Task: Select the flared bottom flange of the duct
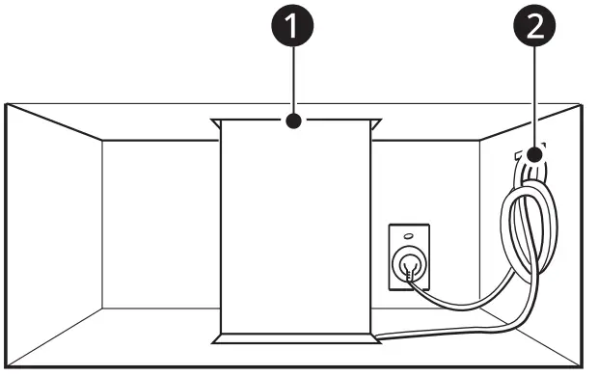click(x=294, y=338)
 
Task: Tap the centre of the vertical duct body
click(x=293, y=231)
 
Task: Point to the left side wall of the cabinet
click(x=53, y=231)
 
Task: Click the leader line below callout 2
click(x=532, y=96)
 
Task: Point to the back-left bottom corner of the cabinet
click(x=103, y=309)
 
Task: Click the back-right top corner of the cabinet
click(x=480, y=141)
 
